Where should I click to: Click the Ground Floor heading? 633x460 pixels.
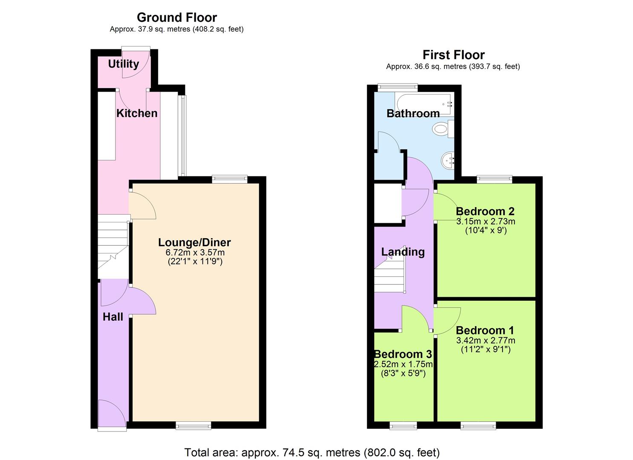pyautogui.click(x=176, y=17)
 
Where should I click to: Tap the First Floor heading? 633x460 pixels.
pyautogui.click(x=453, y=55)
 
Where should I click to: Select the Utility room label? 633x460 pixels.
pyautogui.click(x=123, y=64)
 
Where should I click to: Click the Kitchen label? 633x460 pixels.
pyautogui.click(x=137, y=113)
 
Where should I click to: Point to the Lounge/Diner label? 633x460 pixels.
pyautogui.click(x=194, y=242)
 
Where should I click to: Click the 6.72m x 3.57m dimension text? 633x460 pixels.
pyautogui.click(x=195, y=253)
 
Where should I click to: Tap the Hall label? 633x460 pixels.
pyautogui.click(x=113, y=317)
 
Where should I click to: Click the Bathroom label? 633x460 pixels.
pyautogui.click(x=413, y=113)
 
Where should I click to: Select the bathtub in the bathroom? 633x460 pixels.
pyautogui.click(x=424, y=104)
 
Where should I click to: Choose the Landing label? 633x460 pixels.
pyautogui.click(x=403, y=252)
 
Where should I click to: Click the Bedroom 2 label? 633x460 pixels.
pyautogui.click(x=485, y=211)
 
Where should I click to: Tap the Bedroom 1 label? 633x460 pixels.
pyautogui.click(x=485, y=331)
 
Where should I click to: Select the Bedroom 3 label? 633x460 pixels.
pyautogui.click(x=403, y=354)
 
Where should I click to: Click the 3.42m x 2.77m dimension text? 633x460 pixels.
pyautogui.click(x=486, y=340)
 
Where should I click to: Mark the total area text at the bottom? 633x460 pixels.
pyautogui.click(x=312, y=452)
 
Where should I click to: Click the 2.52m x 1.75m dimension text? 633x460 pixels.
pyautogui.click(x=403, y=364)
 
